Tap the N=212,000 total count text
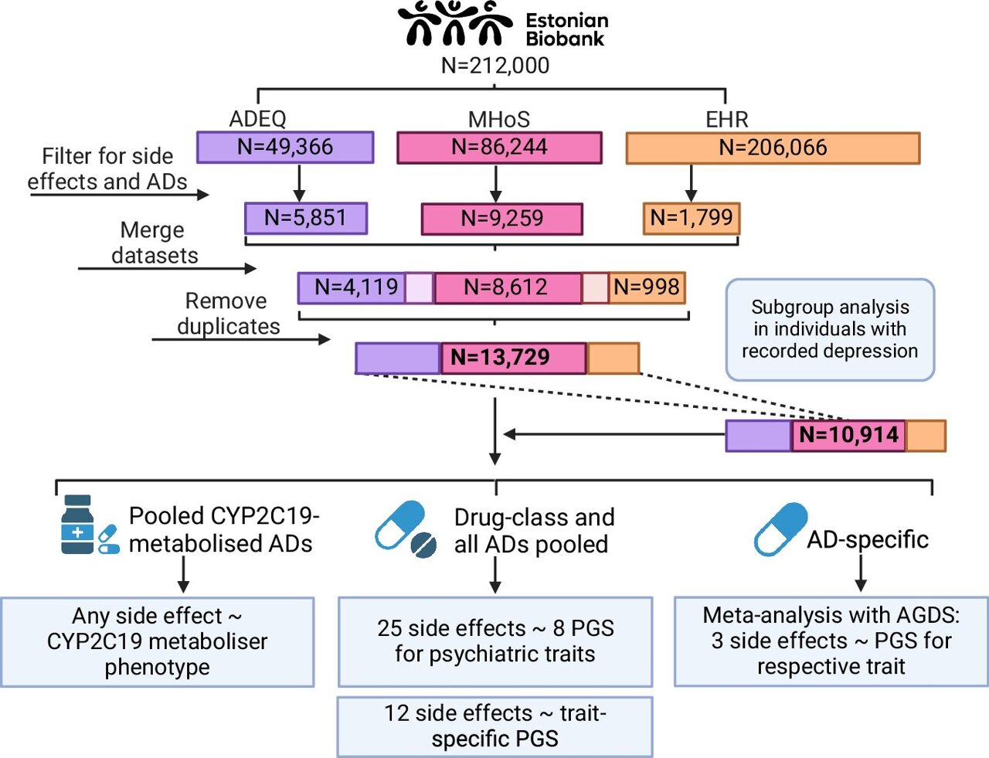[x=495, y=66]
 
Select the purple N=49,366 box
[x=285, y=147]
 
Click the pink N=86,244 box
[x=499, y=148]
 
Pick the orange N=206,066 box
[x=773, y=148]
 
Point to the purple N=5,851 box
[x=306, y=219]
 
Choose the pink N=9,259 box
[x=501, y=219]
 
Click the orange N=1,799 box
[x=692, y=218]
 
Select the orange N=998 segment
[x=647, y=287]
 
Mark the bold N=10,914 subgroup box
[x=848, y=435]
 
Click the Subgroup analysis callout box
[x=830, y=330]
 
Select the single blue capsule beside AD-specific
[x=780, y=529]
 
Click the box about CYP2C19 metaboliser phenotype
[x=158, y=641]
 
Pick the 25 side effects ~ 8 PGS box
[x=495, y=641]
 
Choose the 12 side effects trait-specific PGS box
[x=495, y=726]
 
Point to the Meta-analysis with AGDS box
[x=831, y=641]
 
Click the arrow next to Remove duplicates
[x=240, y=339]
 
